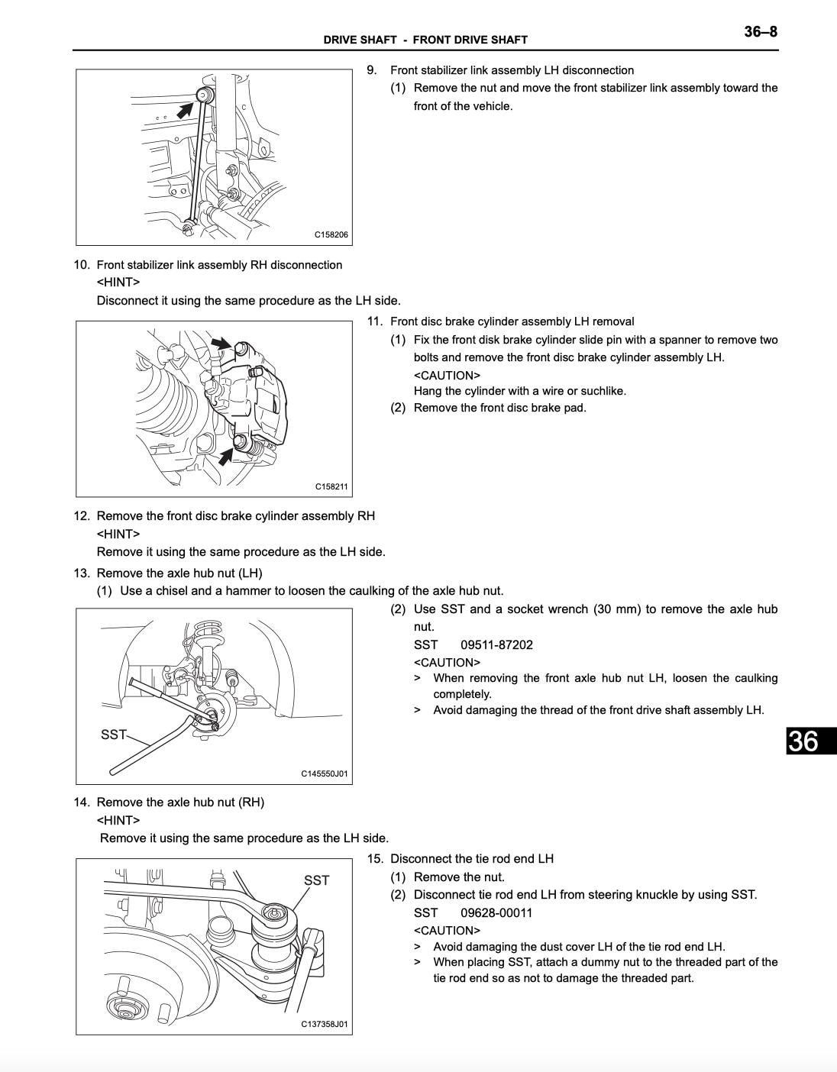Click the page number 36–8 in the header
[x=761, y=32]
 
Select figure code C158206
[x=331, y=234]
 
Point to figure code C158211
[x=331, y=486]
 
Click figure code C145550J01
[x=325, y=773]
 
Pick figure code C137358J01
[x=325, y=1025]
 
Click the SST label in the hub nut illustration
[x=113, y=735]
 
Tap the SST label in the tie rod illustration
[x=316, y=880]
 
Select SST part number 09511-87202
[x=496, y=645]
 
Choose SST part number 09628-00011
[x=496, y=913]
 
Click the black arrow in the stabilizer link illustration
[x=185, y=110]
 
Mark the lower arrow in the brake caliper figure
[x=227, y=456]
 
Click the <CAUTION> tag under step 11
[x=447, y=376]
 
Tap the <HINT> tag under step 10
[x=118, y=283]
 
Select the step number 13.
[x=82, y=573]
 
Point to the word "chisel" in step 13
[x=171, y=591]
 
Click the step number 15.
[x=375, y=859]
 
